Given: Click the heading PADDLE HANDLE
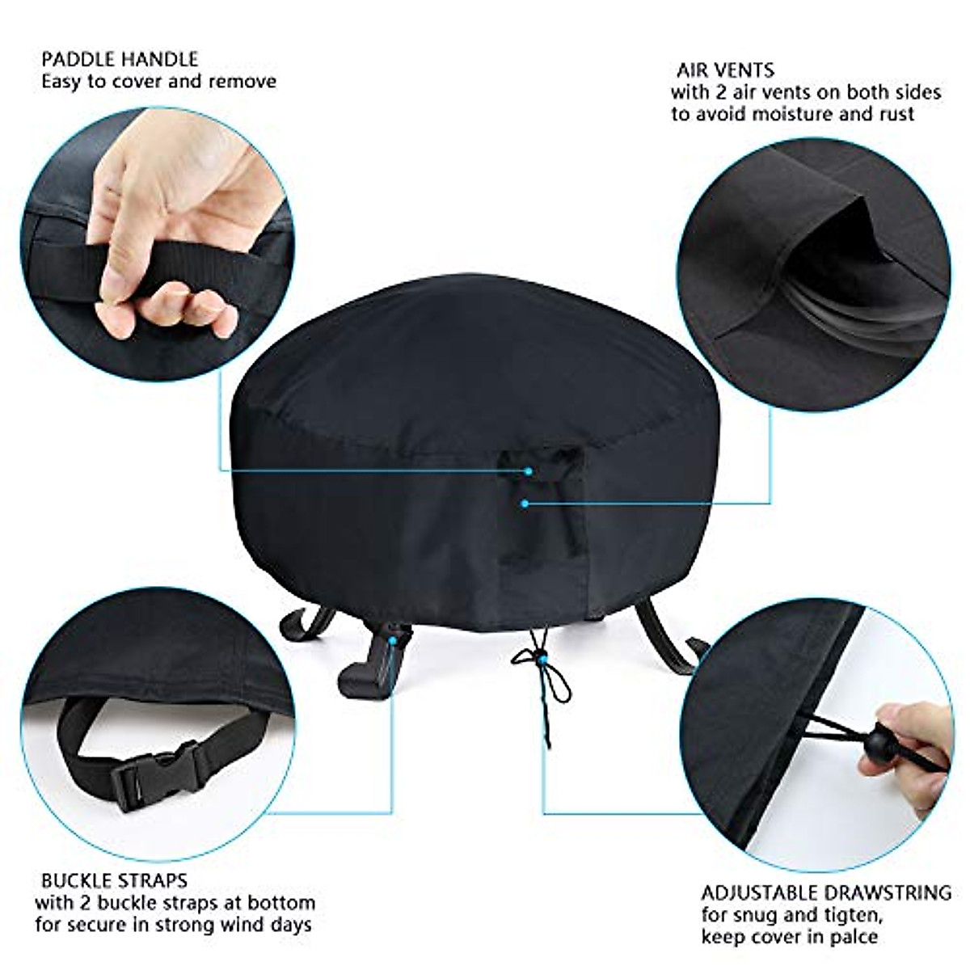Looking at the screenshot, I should (120, 59).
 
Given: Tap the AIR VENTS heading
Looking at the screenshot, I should (725, 70).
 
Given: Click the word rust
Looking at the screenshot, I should (896, 114).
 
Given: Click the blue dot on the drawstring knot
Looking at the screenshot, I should (542, 660).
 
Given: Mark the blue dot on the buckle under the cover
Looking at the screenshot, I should (393, 639).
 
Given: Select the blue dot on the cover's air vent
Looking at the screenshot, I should (525, 503).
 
